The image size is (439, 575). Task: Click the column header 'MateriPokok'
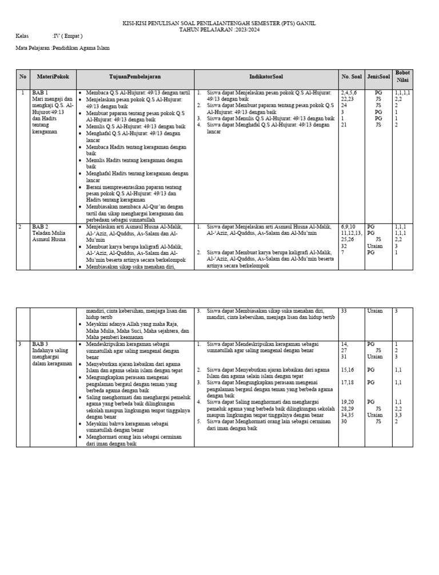(52, 77)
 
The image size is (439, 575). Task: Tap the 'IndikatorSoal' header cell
(266, 77)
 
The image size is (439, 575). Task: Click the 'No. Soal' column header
(352, 77)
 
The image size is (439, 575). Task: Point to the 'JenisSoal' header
(378, 77)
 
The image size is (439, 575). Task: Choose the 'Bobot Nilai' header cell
(402, 77)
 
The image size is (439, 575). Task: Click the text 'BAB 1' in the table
(40, 92)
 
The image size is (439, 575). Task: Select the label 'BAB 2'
(40, 227)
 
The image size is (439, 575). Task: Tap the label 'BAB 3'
(40, 344)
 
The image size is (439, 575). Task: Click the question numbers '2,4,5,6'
(349, 92)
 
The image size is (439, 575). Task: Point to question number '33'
(344, 311)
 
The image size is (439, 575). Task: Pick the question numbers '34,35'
(347, 415)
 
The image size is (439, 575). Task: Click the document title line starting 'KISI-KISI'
(219, 23)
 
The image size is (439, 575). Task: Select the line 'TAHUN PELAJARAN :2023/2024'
(219, 29)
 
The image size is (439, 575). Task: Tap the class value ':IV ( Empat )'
(67, 36)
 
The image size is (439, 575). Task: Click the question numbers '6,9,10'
(348, 227)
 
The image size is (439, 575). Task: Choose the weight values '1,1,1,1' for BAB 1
(402, 92)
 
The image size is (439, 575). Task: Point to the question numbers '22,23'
(347, 99)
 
